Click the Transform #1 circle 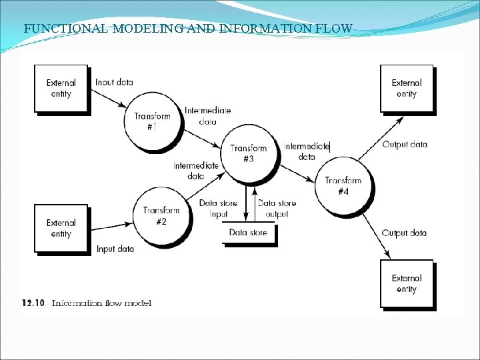coord(153,121)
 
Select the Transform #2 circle coord(161,217)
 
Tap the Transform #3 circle coord(249,154)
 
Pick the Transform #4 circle coord(343,186)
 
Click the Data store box coord(248,233)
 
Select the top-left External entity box coord(61,88)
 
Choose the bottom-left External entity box coord(61,228)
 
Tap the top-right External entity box coord(406,88)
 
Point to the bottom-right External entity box coord(406,283)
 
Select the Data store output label coord(277,209)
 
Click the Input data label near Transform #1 coord(114,83)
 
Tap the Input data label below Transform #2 coord(115,249)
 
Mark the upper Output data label coord(405,145)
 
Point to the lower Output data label coord(404,233)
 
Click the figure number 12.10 coord(33,303)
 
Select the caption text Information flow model coord(102,303)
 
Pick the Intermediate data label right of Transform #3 coord(307,151)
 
